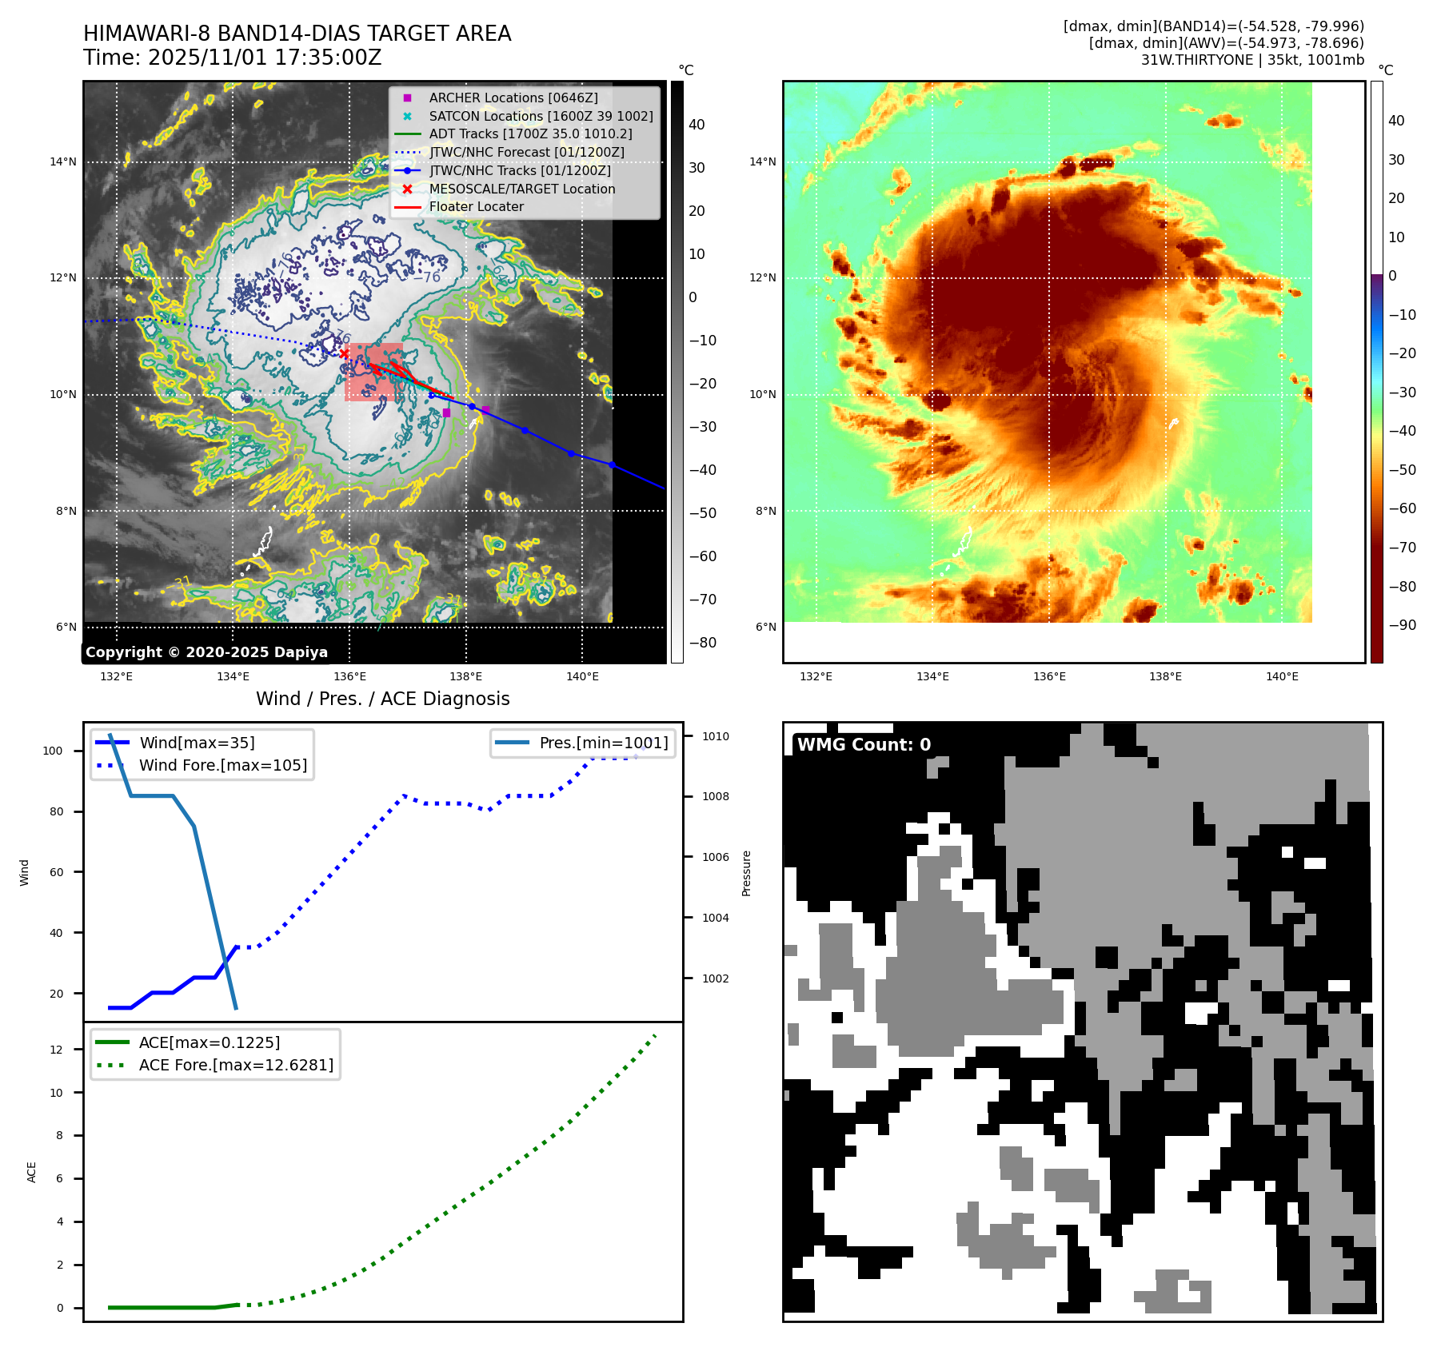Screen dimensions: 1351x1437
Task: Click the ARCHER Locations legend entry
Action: coord(513,98)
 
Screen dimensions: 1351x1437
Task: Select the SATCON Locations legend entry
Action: coord(541,116)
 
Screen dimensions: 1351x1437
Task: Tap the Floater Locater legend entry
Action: coord(476,206)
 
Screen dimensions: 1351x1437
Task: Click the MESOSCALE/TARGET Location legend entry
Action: coord(521,189)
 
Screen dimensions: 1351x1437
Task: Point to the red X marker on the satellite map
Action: coord(344,353)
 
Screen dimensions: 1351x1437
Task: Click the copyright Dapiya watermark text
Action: coord(206,652)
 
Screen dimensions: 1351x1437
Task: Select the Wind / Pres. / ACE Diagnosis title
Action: coord(382,699)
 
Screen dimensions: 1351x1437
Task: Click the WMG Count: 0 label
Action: coord(864,745)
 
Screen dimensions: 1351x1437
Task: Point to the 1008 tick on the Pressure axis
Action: coord(715,796)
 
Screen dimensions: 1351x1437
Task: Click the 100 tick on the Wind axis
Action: coord(53,751)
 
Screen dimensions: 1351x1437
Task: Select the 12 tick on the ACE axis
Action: coord(56,1050)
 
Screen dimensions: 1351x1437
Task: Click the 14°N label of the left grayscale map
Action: coord(63,162)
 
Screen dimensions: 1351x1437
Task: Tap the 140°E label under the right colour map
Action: coord(1282,676)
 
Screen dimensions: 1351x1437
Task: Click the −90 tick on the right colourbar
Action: coord(1402,625)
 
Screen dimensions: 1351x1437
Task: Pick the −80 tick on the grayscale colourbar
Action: coord(703,643)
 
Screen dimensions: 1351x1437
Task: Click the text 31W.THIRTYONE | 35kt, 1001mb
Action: coord(1251,60)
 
